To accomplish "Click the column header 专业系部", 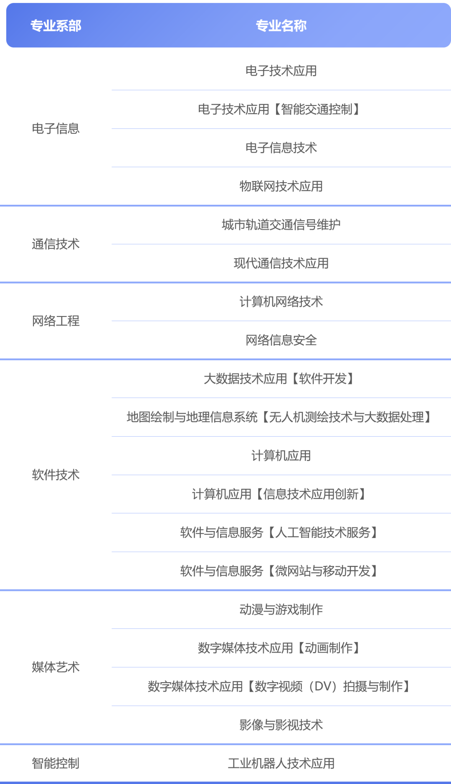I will (x=56, y=26).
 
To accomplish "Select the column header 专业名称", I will (x=281, y=26).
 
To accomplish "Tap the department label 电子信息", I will (x=56, y=128).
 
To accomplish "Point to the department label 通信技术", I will (x=56, y=244).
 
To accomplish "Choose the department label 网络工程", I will (x=56, y=321).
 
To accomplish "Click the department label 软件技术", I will (x=56, y=475).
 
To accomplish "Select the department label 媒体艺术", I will (x=56, y=667).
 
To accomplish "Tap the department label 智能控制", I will (x=56, y=763).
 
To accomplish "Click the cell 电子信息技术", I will (x=281, y=148).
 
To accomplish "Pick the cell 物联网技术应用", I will (x=281, y=186).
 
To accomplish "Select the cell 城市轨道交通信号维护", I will (x=281, y=225).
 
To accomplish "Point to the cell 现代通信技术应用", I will (x=281, y=263).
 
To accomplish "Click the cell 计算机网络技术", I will (x=281, y=302).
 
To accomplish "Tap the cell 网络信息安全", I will (x=281, y=340).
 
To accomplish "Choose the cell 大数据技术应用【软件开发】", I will (x=279, y=379).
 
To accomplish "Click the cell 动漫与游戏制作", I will (x=281, y=610).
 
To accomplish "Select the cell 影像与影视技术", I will (x=281, y=725).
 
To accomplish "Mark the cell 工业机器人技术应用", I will (x=281, y=763).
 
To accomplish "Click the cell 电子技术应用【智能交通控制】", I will (x=279, y=109).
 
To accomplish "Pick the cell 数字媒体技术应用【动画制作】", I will (x=279, y=648).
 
